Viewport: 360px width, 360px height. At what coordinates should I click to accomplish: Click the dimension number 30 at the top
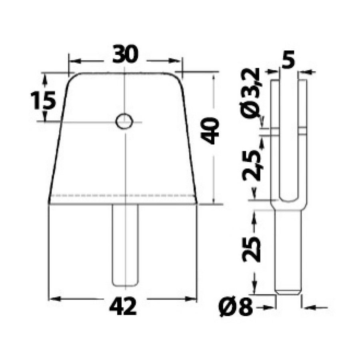(x=125, y=54)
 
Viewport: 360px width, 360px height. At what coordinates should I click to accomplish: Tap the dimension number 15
(x=43, y=100)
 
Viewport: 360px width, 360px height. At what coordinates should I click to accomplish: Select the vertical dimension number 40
(x=210, y=131)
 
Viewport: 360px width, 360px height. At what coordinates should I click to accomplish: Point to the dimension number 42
(x=123, y=307)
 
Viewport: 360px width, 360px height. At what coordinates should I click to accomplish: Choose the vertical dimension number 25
(x=252, y=249)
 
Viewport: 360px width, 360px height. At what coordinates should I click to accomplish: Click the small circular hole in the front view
(x=124, y=121)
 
